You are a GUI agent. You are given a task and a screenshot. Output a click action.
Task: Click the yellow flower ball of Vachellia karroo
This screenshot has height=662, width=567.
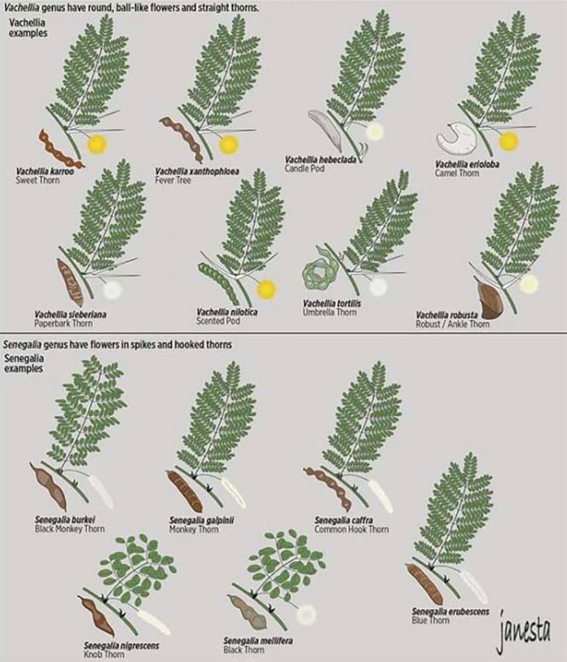pos(96,145)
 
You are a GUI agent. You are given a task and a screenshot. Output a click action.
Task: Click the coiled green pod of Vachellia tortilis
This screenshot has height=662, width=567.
pos(317,271)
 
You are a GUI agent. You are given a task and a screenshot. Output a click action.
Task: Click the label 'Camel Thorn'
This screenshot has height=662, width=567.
pos(456,173)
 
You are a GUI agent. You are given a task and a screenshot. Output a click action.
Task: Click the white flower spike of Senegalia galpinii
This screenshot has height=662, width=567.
pos(233,492)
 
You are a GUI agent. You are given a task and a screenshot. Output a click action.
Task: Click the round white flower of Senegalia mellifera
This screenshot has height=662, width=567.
pos(306,615)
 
